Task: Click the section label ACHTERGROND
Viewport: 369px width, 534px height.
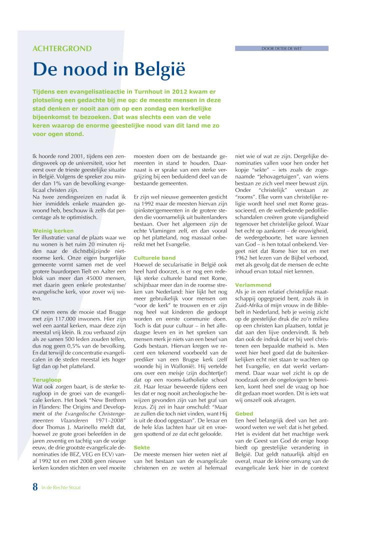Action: [62, 48]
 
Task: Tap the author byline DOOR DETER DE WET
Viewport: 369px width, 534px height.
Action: [281, 48]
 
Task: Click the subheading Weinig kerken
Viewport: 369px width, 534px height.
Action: [53, 231]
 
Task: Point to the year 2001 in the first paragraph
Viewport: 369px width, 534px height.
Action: [78, 157]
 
